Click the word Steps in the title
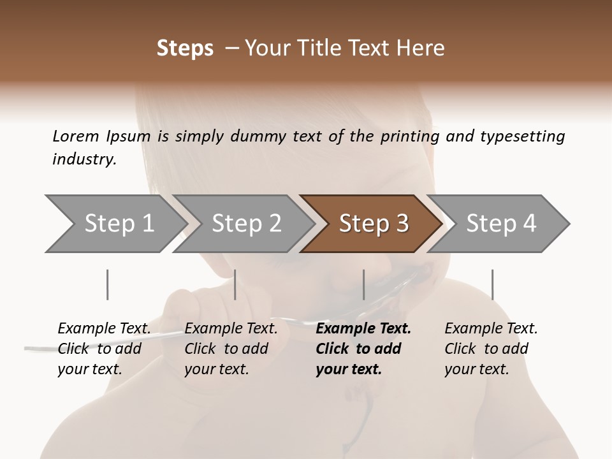point(185,48)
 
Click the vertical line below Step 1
point(108,284)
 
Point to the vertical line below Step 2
point(235,284)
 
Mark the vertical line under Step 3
point(363,284)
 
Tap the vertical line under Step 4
point(492,284)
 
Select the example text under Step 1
point(104,348)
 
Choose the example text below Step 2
point(231,348)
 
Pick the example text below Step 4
point(491,348)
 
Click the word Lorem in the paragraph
point(75,136)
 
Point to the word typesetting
point(522,136)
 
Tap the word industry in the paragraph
point(84,159)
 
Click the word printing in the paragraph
point(409,136)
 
